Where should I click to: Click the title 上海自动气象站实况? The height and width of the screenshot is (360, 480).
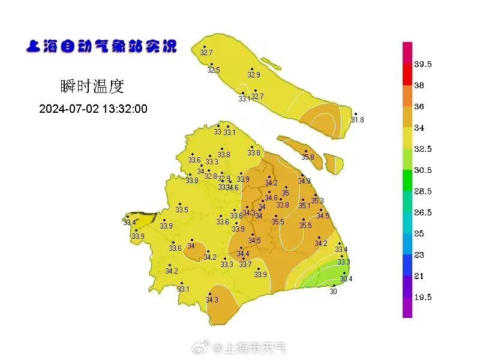101,46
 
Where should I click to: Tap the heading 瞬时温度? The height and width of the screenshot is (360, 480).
92,86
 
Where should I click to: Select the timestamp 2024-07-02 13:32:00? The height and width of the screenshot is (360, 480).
93,109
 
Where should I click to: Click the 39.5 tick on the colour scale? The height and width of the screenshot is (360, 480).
423,64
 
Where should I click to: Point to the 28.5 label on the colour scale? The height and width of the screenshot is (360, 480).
423,191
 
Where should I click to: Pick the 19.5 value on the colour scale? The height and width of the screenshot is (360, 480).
423,297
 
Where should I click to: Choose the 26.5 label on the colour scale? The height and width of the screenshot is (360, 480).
423,212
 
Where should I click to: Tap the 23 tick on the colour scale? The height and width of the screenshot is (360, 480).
419,255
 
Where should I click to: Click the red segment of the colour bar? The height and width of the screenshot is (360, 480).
407,74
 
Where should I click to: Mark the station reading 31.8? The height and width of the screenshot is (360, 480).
358,120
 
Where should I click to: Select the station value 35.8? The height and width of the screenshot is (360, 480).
308,157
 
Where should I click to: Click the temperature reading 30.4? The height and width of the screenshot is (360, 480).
346,279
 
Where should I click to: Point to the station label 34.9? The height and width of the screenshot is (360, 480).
305,181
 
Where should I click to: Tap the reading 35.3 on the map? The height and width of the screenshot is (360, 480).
317,201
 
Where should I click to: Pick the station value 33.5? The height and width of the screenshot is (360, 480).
182,210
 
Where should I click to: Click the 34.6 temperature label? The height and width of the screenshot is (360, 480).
232,188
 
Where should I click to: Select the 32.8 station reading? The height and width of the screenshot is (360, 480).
211,176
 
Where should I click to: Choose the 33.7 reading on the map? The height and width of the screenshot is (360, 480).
245,264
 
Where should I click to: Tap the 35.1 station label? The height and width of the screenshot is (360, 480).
305,206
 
